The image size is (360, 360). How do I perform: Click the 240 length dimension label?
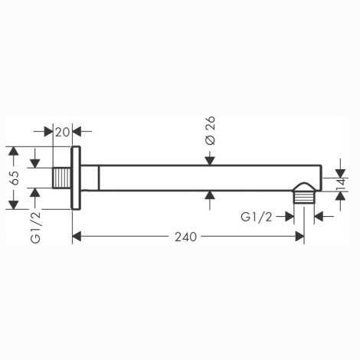click(185, 237)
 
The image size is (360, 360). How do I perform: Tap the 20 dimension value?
click(62, 132)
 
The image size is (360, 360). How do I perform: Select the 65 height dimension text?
click(15, 178)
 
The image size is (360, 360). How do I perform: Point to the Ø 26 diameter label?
click(211, 131)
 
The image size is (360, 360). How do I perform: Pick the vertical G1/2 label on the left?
click(35, 227)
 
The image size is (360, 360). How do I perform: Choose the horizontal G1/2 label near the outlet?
click(256, 218)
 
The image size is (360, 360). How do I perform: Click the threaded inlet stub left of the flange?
click(62, 178)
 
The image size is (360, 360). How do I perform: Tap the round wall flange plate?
click(76, 178)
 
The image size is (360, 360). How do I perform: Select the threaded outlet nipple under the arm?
click(304, 198)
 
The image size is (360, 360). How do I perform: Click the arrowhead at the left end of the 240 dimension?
click(77, 237)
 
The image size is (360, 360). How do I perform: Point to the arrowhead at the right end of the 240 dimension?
click(299, 237)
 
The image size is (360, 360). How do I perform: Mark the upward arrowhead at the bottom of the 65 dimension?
click(13, 205)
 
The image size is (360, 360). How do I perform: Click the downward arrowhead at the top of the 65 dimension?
click(13, 151)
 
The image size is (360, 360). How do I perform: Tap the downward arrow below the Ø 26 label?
click(210, 158)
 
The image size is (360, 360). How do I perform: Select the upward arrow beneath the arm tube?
click(210, 200)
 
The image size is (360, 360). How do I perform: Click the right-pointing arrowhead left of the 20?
click(48, 132)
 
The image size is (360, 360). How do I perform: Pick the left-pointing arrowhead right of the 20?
click(77, 132)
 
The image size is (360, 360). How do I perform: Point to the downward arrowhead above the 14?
click(340, 174)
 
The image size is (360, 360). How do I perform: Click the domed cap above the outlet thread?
click(304, 187)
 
